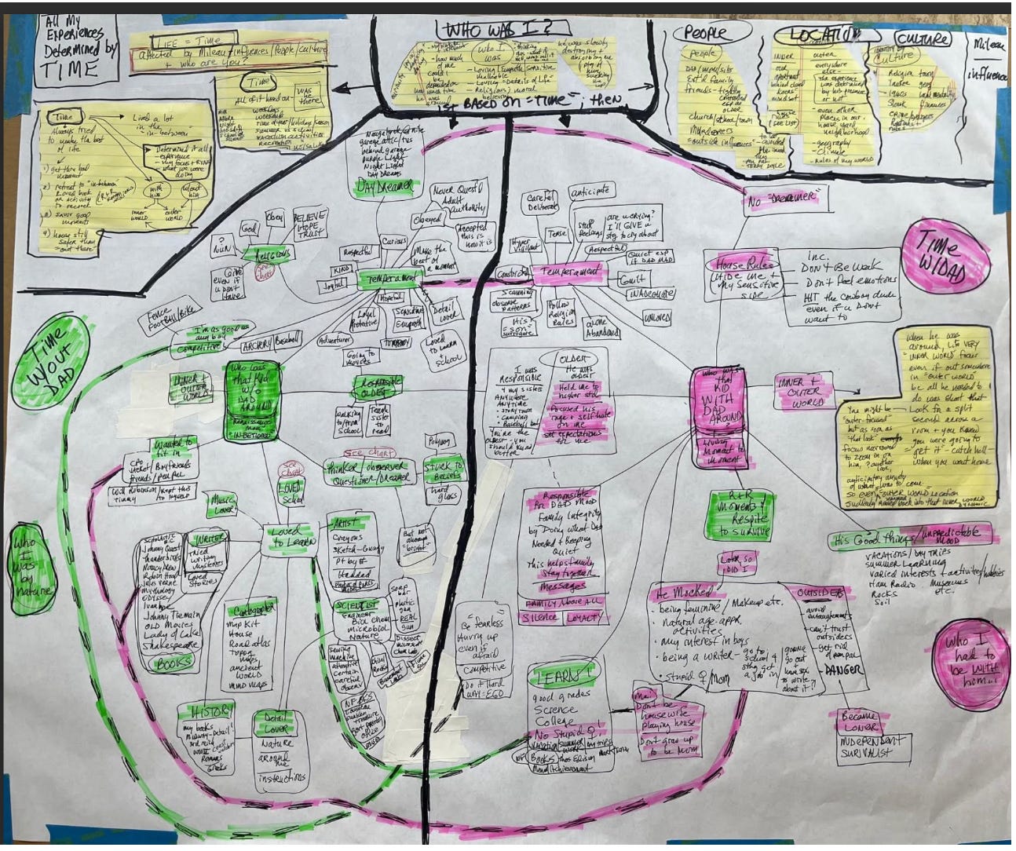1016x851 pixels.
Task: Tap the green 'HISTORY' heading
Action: pos(206,711)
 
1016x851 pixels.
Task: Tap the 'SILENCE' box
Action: pos(539,618)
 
